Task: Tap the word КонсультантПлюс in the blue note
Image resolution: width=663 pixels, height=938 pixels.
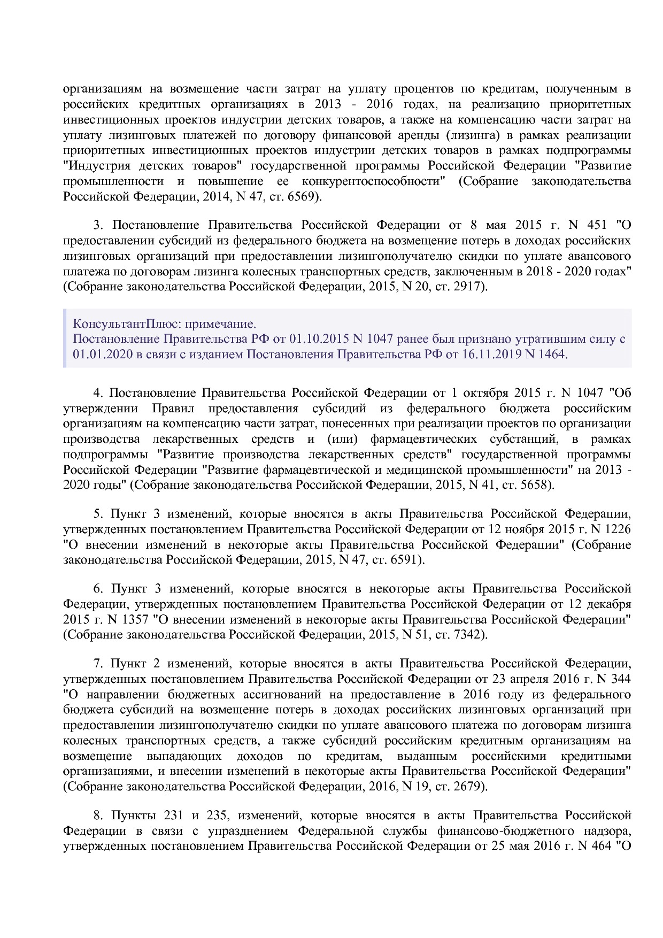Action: tap(110, 324)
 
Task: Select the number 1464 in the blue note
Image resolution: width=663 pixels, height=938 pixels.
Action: tap(551, 354)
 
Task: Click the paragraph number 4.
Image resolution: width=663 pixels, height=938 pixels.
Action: tap(97, 393)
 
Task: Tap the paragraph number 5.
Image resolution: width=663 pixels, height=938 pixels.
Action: tap(97, 514)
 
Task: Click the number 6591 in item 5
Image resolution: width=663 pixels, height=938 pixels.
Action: tap(403, 560)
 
